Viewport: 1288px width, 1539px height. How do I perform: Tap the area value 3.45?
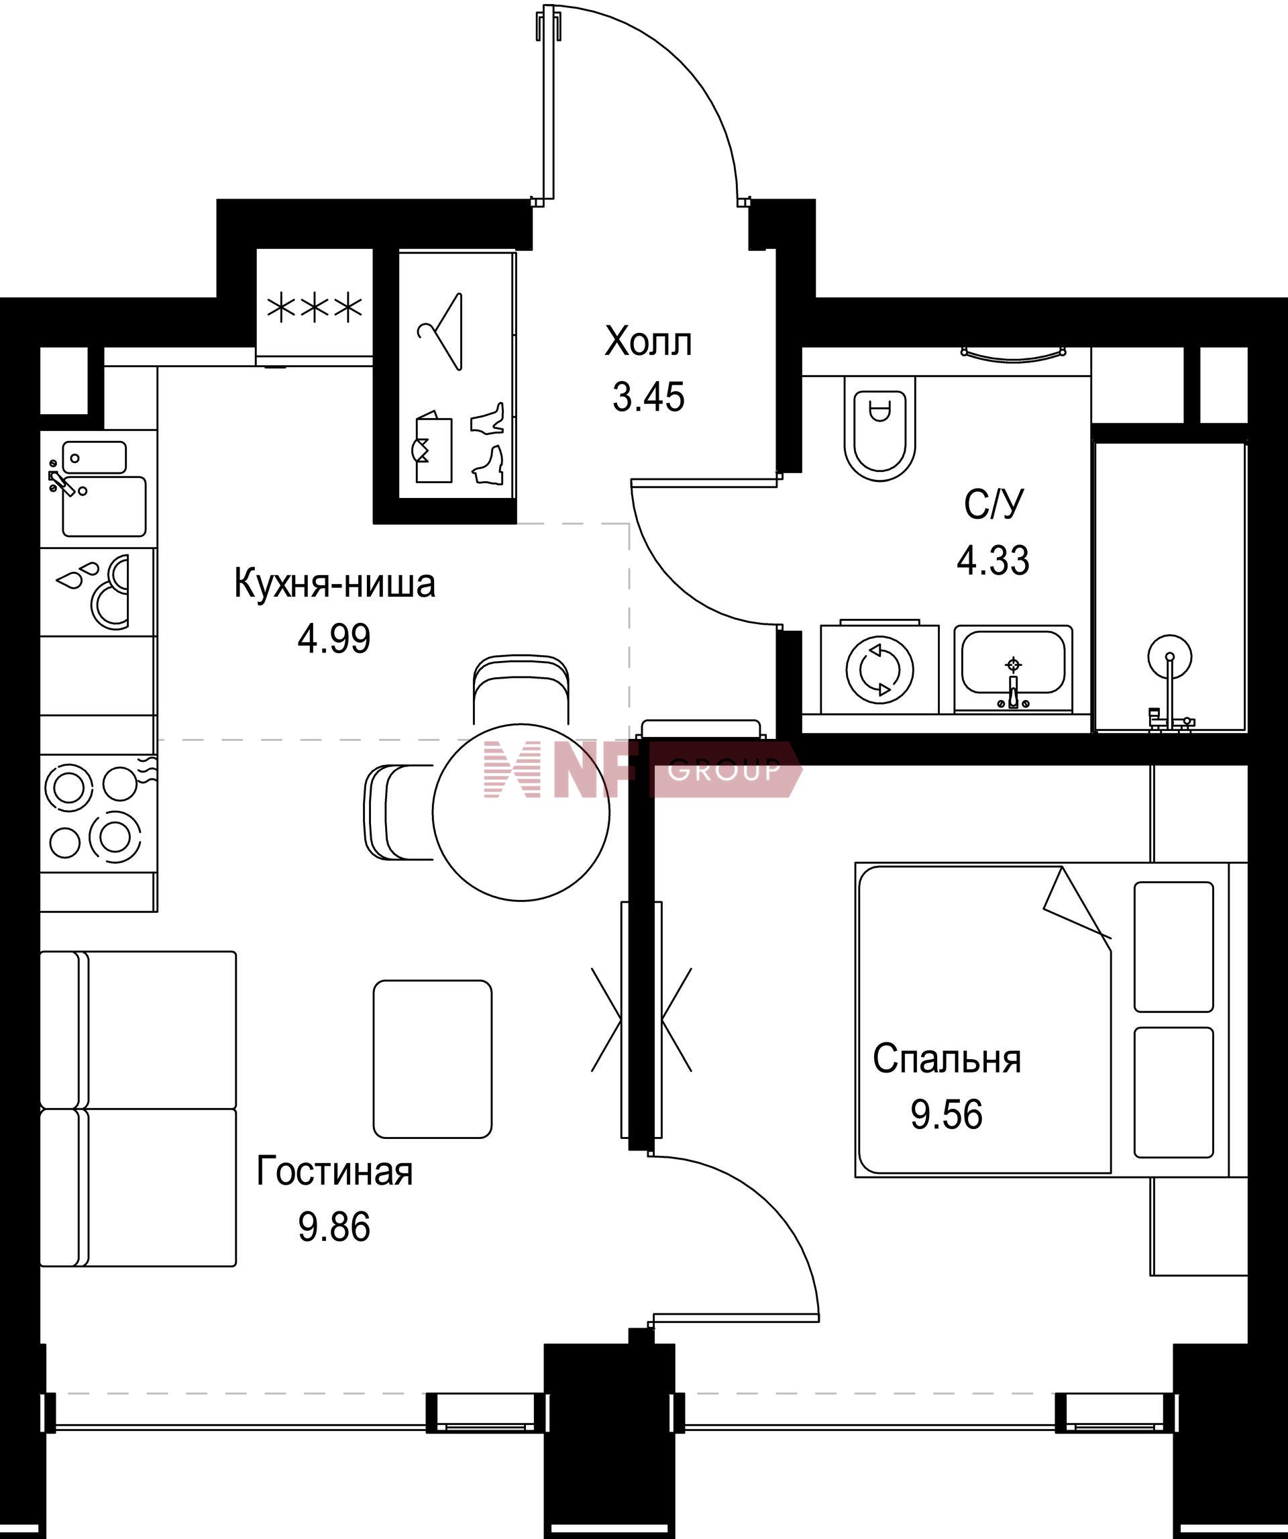649,397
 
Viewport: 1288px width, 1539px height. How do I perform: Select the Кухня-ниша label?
335,584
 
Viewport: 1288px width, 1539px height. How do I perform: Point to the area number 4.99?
334,639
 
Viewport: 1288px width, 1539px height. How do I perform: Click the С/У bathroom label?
994,504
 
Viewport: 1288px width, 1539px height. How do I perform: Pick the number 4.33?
994,560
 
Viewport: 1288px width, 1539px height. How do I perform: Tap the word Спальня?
947,1059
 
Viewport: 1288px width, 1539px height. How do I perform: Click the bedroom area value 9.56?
947,1115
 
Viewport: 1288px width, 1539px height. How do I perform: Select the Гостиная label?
335,1171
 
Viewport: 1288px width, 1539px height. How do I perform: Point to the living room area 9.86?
334,1227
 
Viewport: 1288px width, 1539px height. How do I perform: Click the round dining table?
521,813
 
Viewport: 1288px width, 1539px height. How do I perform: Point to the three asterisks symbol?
315,309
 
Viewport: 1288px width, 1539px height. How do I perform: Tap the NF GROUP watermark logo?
642,768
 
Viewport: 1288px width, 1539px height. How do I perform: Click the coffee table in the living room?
432,1059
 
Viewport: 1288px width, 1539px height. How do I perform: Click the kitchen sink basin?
104,505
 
